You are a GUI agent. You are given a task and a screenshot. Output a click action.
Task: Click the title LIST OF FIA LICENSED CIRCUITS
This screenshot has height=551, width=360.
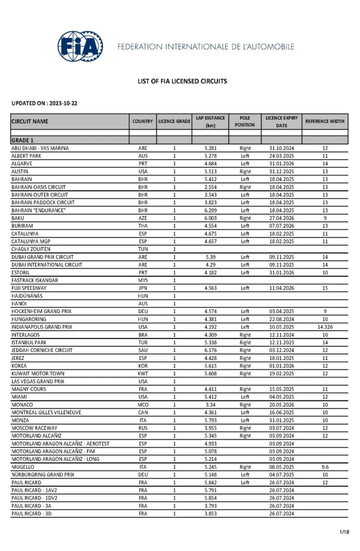pos(182,81)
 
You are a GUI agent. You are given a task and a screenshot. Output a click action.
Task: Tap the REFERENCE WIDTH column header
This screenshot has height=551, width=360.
pos(324,122)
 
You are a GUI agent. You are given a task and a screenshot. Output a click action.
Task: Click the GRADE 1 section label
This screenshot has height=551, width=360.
pos(23,140)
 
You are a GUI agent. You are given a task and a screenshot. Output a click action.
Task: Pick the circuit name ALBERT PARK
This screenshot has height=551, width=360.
pos(27,156)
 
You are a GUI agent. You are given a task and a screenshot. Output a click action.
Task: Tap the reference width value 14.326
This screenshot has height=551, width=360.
pos(324,327)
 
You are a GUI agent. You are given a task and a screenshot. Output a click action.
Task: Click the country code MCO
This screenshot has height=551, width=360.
pos(143,405)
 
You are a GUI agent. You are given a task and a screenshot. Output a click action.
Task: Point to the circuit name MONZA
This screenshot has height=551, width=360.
pos(21,420)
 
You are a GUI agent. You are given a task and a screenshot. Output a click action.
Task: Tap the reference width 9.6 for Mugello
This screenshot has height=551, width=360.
pos(324,467)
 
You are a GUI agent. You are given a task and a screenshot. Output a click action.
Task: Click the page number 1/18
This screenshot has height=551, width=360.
pos(344,532)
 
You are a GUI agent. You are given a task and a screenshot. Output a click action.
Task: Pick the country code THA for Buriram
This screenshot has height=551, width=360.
pos(143,226)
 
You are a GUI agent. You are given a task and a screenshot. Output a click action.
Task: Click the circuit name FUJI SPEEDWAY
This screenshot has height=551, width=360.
pos(29,288)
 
